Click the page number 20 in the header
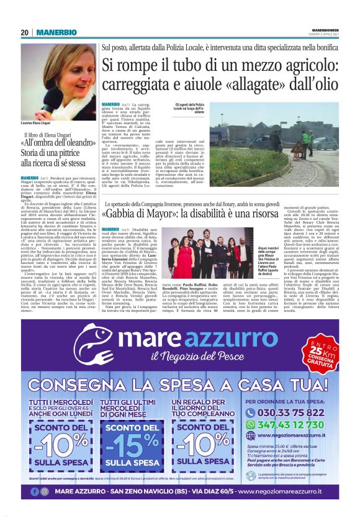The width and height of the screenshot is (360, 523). coord(25,32)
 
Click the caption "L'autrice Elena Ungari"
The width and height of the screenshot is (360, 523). coord(40,124)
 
